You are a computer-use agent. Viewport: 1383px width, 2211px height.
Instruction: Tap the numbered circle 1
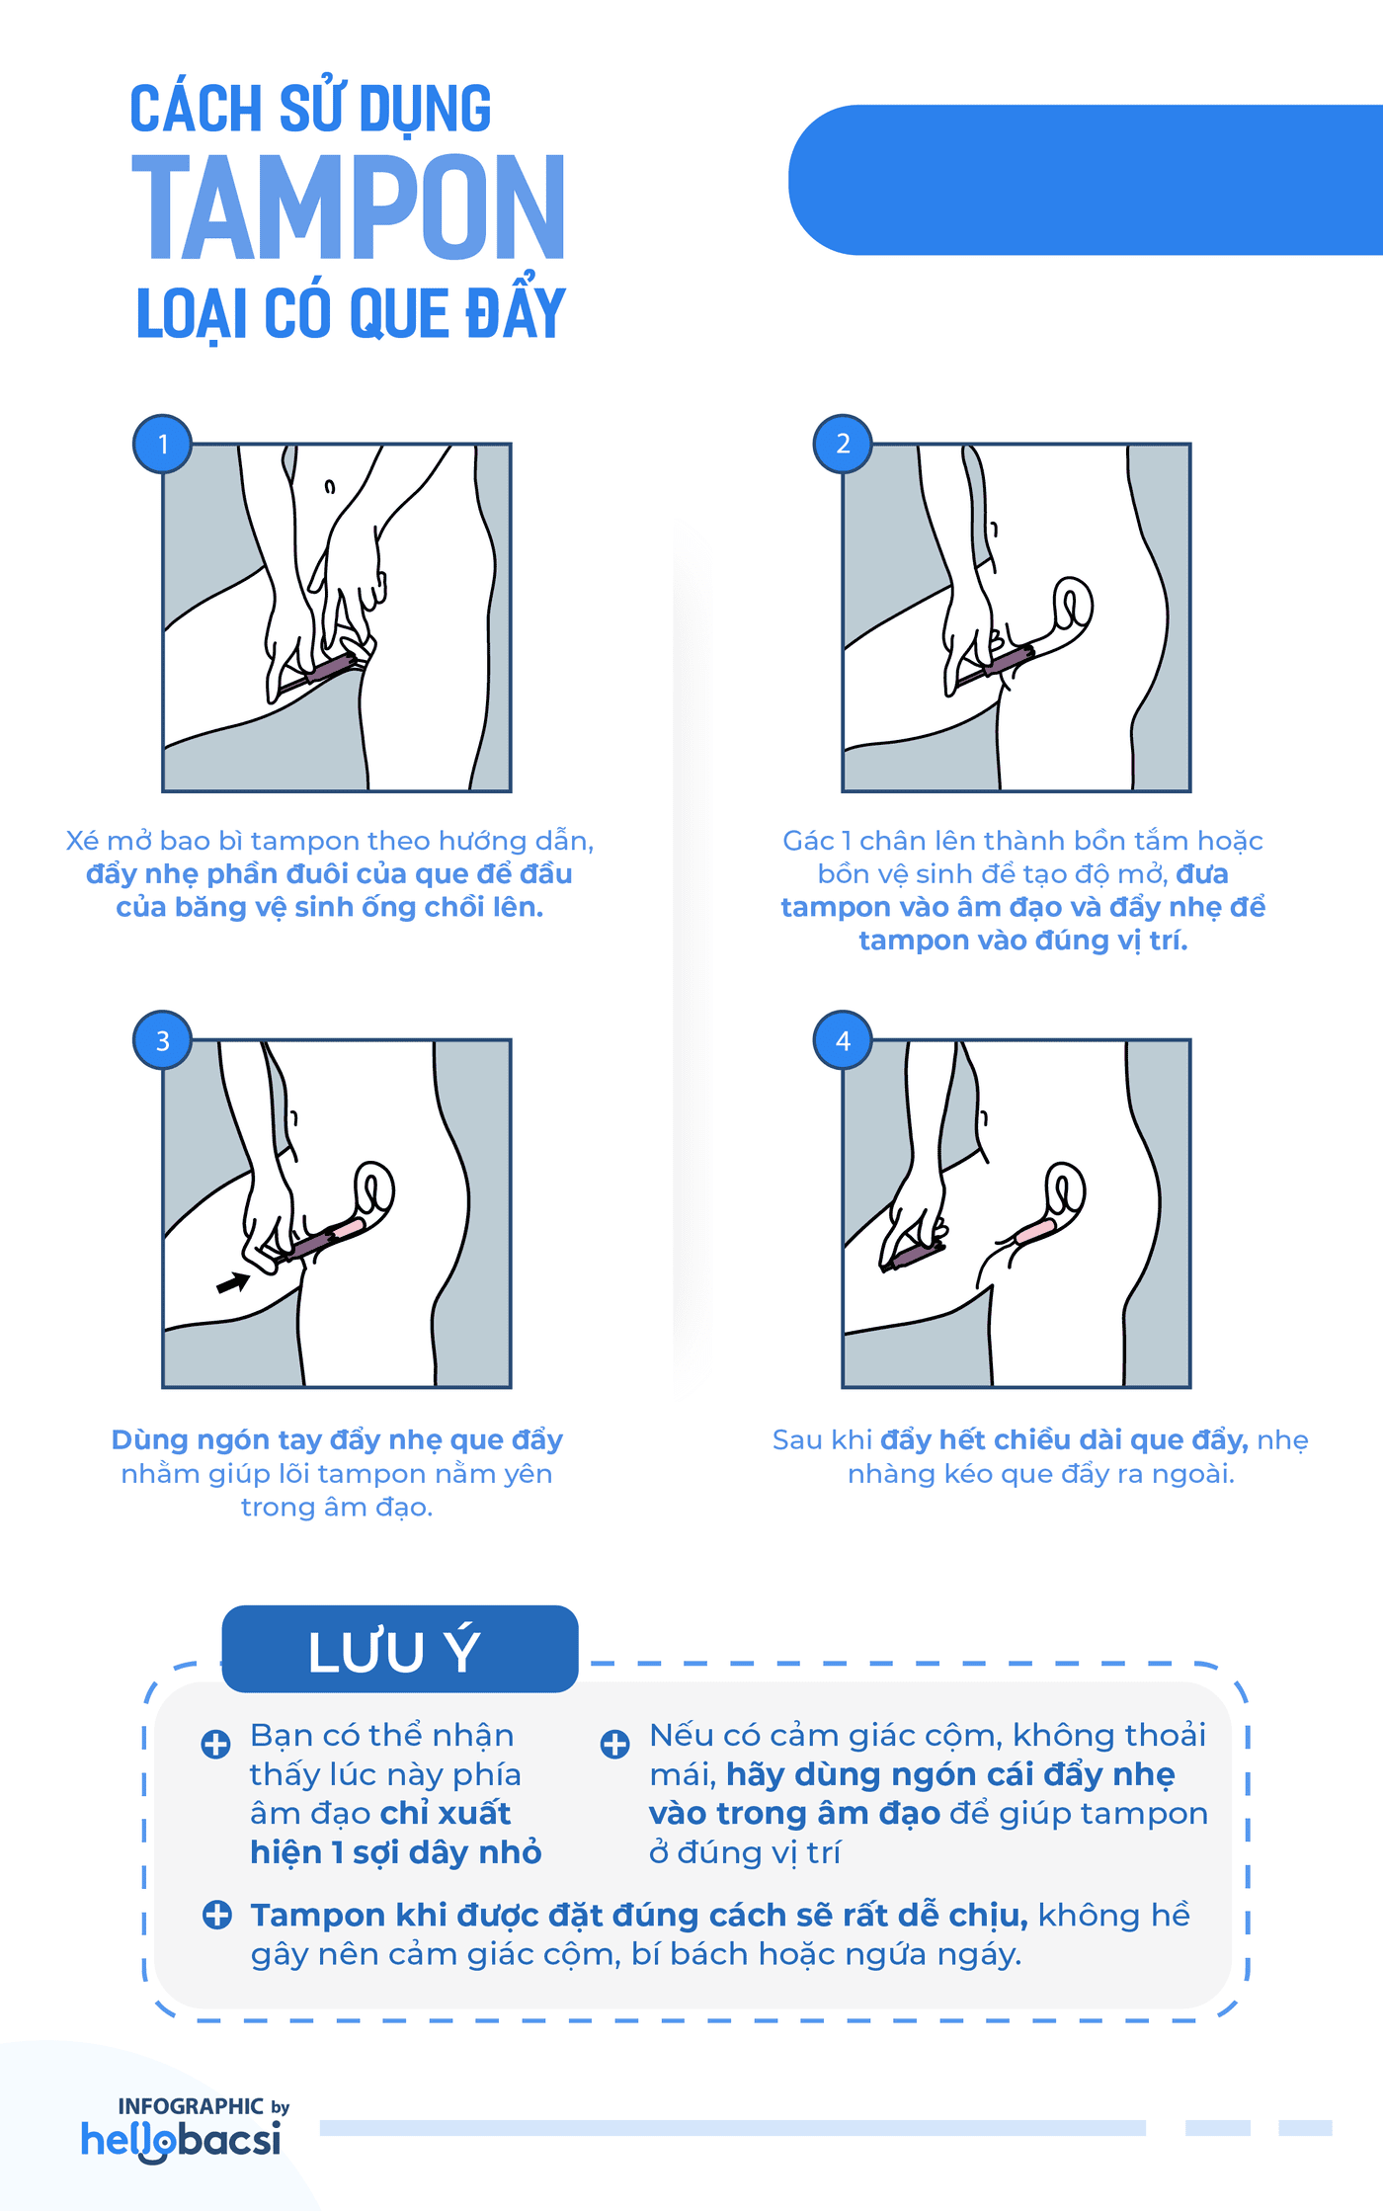point(163,444)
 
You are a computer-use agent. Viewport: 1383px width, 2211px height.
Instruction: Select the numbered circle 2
point(843,444)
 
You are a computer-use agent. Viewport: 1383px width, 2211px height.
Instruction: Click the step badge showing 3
point(163,1040)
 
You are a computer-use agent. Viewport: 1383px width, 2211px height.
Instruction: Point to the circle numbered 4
point(843,1040)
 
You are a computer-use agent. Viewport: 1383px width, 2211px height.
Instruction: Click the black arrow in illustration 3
point(233,1282)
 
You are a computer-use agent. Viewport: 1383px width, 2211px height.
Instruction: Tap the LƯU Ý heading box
point(399,1650)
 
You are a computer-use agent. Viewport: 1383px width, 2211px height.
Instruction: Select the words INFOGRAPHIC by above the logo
point(203,2106)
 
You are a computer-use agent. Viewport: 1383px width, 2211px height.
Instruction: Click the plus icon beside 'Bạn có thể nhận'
point(215,1744)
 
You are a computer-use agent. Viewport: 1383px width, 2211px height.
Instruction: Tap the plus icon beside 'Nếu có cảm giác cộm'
point(614,1744)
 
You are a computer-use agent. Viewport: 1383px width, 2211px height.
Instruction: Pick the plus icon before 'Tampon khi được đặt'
point(216,1915)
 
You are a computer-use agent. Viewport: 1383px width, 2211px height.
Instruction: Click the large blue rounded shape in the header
point(1087,180)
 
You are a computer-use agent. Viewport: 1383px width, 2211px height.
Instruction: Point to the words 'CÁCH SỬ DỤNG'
point(310,109)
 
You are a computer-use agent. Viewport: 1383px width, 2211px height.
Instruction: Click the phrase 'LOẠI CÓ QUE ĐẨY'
point(351,314)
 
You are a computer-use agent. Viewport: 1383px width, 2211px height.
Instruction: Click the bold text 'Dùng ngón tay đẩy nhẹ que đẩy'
point(337,1439)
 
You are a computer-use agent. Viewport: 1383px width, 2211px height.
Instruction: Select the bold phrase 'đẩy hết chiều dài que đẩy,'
point(1064,1439)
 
